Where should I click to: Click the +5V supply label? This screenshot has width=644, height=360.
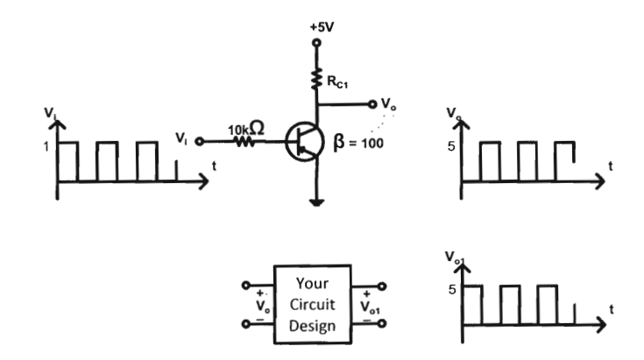[x=322, y=27]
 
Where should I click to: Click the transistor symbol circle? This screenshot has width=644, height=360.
[x=306, y=144]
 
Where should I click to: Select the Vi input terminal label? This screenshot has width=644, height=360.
[x=180, y=138]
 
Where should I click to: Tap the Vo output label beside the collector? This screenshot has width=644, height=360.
[x=388, y=103]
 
